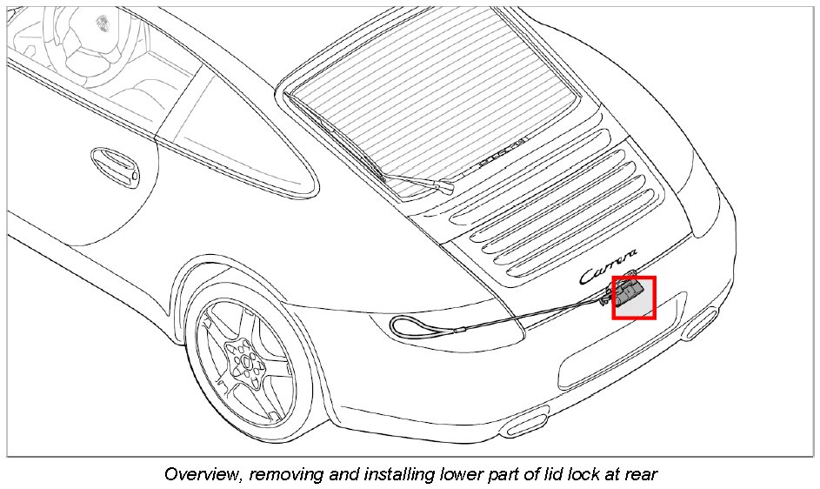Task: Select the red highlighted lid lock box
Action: click(634, 298)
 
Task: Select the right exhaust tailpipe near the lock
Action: click(700, 326)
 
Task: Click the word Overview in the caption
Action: click(199, 474)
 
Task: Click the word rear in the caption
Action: click(639, 474)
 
